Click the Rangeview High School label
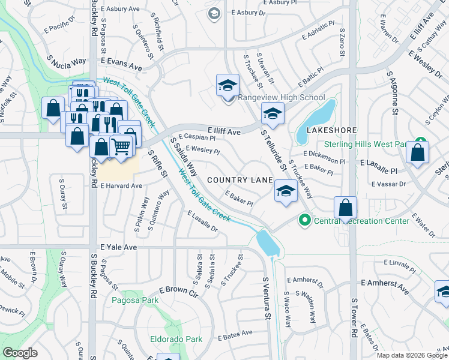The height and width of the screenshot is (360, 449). click(282, 97)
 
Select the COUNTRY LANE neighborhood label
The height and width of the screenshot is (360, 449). click(240, 180)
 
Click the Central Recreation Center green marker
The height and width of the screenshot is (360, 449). click(305, 221)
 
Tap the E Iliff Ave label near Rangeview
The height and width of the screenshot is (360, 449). click(224, 131)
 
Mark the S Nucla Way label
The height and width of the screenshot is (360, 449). click(66, 61)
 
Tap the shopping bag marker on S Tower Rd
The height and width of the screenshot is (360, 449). click(345, 208)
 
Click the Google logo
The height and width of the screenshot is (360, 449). click(20, 353)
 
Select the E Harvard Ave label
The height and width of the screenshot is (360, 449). click(121, 186)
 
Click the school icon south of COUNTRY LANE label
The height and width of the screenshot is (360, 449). click(286, 192)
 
